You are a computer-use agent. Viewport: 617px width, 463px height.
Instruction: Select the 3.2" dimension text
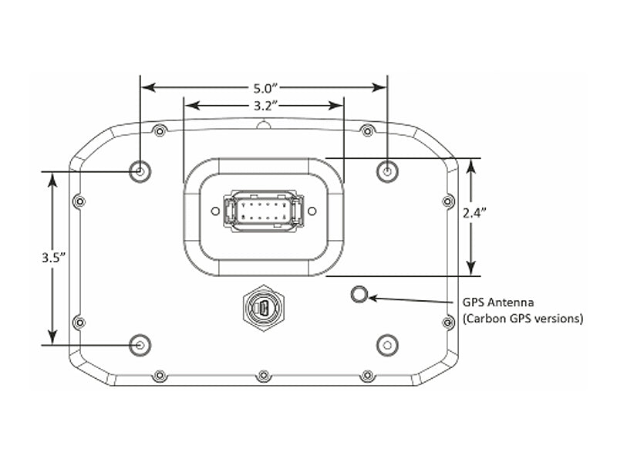click(264, 103)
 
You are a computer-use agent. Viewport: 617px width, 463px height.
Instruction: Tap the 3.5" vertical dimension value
click(52, 259)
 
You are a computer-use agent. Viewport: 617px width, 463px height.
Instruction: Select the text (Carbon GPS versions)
click(522, 318)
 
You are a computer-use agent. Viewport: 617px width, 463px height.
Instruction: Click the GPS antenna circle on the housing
click(359, 294)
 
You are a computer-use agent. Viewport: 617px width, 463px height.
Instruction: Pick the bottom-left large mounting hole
click(140, 344)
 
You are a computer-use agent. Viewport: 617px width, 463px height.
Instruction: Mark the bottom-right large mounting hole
click(386, 344)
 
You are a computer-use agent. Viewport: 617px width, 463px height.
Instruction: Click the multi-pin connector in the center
click(263, 211)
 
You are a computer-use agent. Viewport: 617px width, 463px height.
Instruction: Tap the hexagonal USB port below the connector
click(263, 309)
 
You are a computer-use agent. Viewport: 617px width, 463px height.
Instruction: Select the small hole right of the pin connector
click(312, 210)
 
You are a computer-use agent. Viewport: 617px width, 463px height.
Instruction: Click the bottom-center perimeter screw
click(264, 376)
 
